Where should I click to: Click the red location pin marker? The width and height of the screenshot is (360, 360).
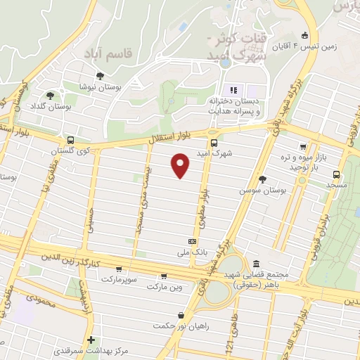pyautogui.click(x=181, y=165)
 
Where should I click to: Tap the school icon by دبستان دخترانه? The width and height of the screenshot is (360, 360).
pyautogui.click(x=234, y=89)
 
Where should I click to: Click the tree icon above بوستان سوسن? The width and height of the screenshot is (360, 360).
pyautogui.click(x=263, y=179)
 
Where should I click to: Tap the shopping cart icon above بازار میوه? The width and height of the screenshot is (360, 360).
pyautogui.click(x=303, y=147)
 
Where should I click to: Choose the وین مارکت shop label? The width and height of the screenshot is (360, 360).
pyautogui.click(x=165, y=287)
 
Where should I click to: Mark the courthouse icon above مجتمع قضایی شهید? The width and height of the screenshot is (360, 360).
pyautogui.click(x=257, y=263)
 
